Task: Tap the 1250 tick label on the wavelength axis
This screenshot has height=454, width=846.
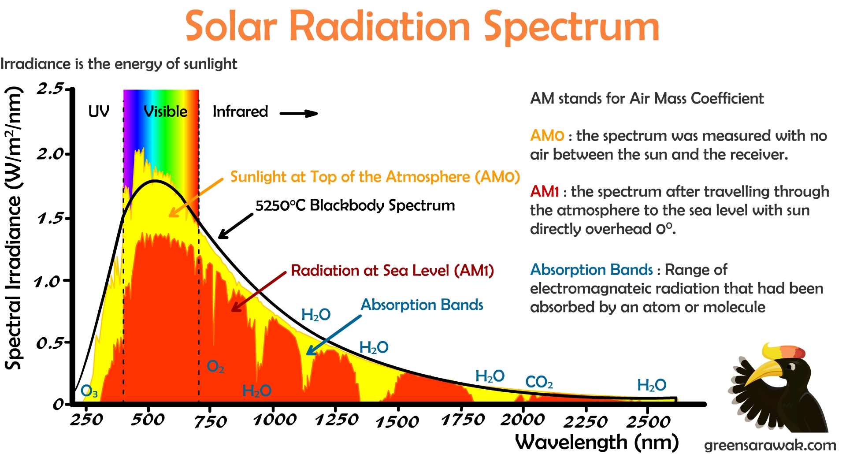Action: (337, 420)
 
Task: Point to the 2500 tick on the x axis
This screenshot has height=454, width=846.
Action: (648, 421)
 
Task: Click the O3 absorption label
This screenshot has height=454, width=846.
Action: (89, 391)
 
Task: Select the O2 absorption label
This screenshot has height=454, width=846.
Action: (215, 366)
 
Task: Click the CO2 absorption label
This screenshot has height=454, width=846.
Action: (539, 382)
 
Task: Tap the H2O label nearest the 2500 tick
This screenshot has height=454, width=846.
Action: (652, 385)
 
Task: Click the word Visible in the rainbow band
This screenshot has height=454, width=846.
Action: (165, 112)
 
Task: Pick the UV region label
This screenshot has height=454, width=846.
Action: (99, 112)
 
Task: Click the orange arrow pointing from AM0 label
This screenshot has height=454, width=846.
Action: (196, 197)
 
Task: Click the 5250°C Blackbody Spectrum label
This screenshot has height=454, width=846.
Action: (355, 205)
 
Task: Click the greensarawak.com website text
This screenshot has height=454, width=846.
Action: (770, 445)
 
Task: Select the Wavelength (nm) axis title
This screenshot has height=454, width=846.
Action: (597, 442)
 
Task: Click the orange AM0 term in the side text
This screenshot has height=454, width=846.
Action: (547, 136)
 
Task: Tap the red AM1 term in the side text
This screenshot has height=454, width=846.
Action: (544, 192)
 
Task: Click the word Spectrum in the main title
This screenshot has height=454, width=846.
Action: (571, 27)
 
